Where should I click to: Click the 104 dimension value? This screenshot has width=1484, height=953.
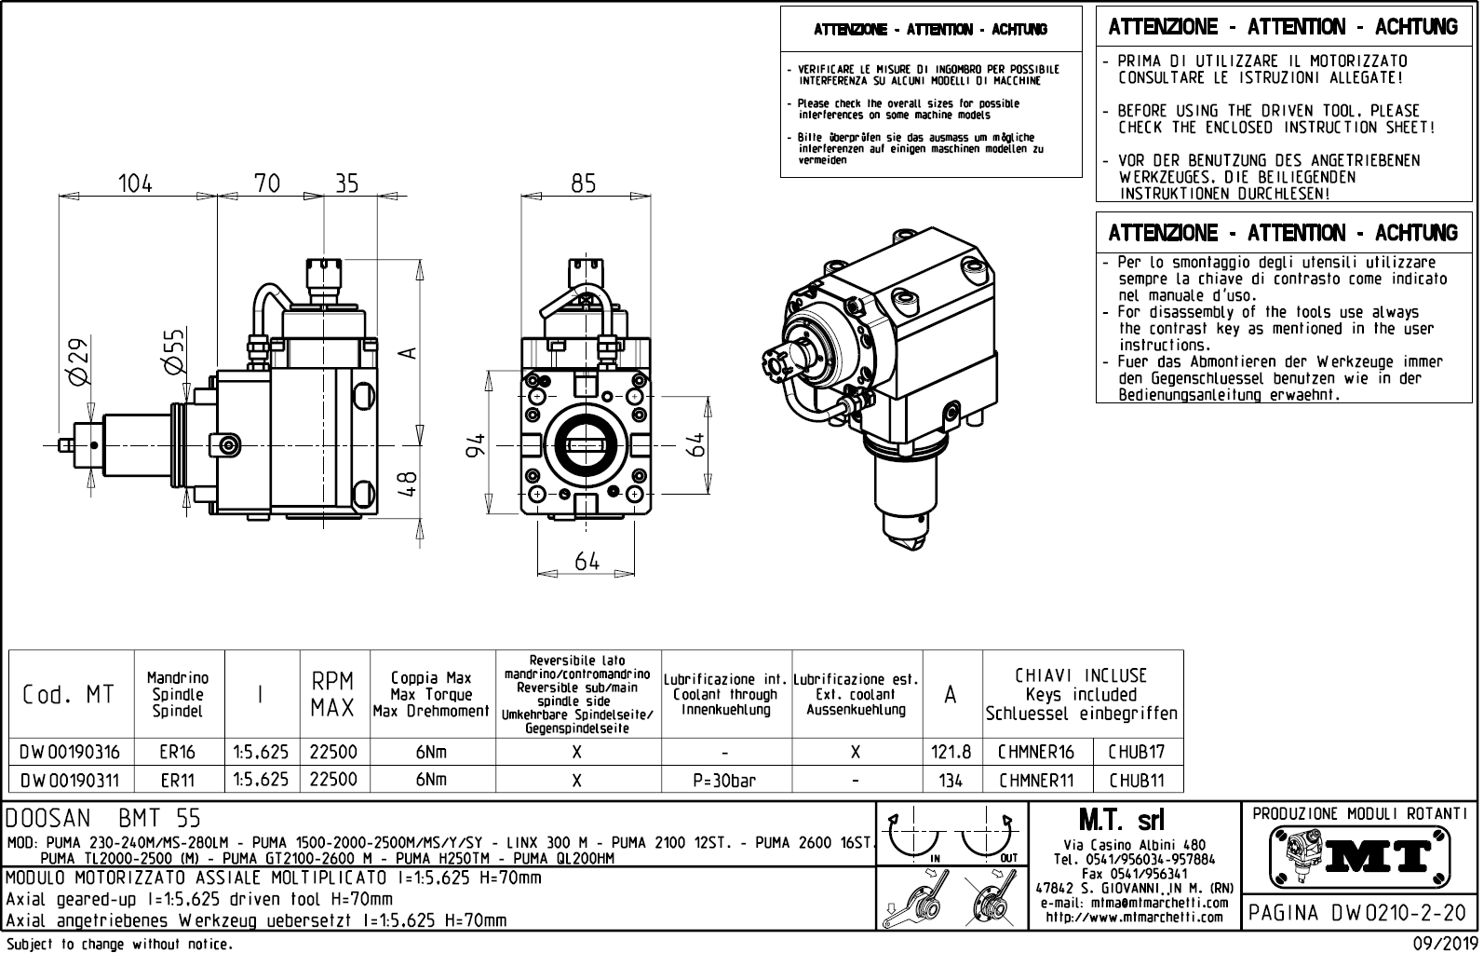pos(136,184)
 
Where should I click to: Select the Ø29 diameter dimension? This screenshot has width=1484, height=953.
pos(78,361)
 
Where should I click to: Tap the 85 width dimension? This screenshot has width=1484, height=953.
pos(584,184)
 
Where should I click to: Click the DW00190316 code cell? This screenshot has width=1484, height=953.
pos(71,752)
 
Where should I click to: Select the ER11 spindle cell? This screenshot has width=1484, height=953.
pos(177,780)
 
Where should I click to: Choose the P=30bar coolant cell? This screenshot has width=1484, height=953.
pos(725,780)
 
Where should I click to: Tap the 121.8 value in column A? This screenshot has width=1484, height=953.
pos(951,752)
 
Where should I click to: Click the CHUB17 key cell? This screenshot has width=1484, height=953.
pos(1136,752)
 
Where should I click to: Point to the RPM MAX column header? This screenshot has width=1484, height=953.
pos(332,695)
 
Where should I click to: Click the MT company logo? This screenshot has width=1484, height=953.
pos(1360,854)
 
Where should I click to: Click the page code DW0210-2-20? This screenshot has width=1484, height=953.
pos(1360,913)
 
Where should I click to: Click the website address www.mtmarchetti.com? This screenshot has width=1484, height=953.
pos(1133,918)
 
